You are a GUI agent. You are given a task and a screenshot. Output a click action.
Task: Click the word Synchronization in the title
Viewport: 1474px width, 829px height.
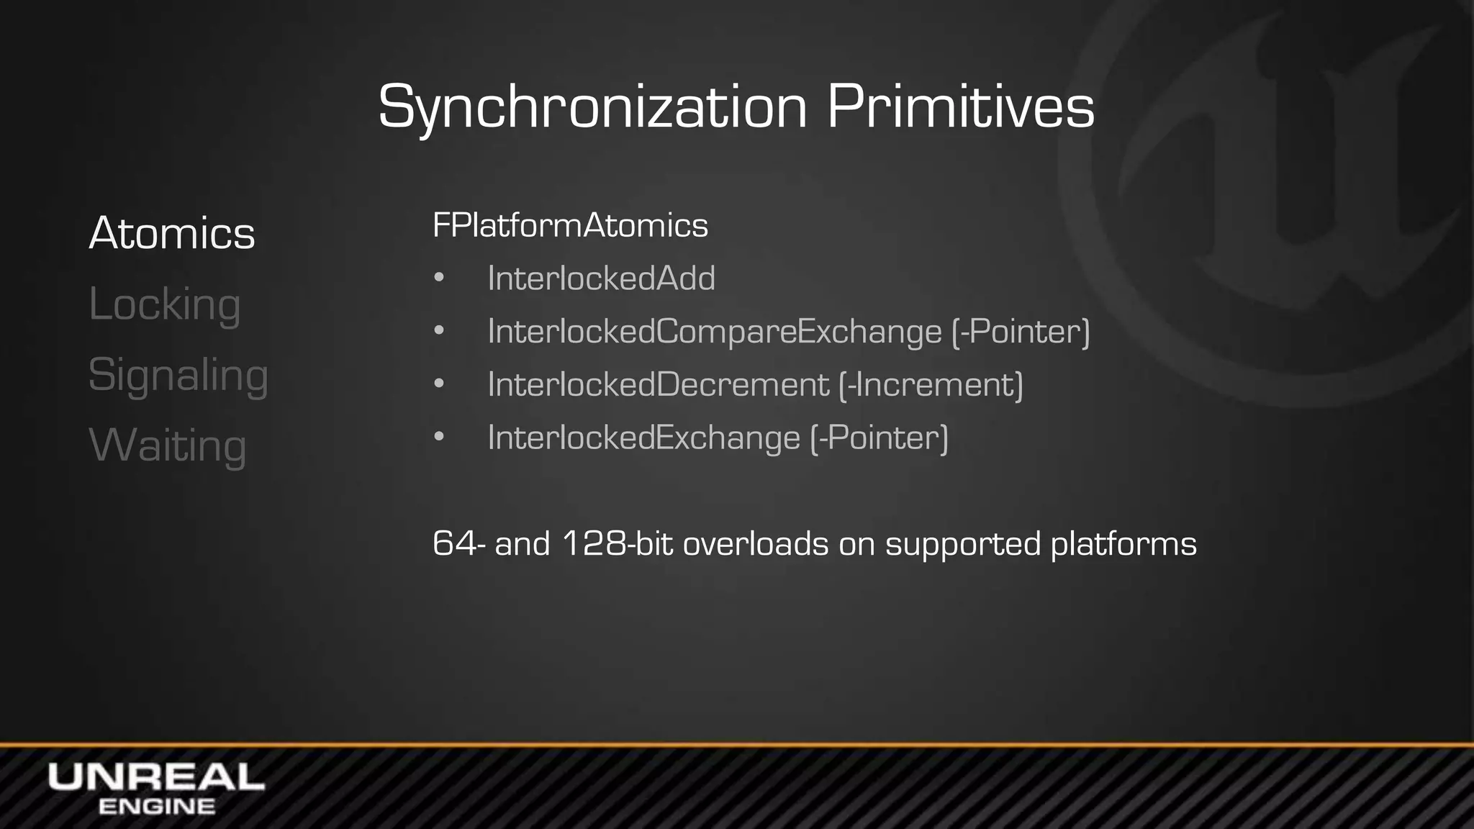click(592, 108)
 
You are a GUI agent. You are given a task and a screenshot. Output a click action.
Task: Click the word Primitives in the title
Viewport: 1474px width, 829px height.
click(960, 108)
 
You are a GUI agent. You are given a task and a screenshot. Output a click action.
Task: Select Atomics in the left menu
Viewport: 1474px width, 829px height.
click(172, 233)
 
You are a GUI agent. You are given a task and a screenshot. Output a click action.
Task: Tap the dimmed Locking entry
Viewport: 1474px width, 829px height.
click(164, 304)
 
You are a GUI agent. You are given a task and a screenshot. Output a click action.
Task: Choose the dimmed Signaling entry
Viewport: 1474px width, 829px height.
click(178, 375)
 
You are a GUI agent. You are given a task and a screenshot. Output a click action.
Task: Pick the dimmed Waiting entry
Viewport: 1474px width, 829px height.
click(167, 445)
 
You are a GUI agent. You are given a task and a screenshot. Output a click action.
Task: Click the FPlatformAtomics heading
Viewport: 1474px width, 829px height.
click(570, 225)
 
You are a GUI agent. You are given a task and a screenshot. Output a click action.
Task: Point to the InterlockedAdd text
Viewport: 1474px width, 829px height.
click(601, 278)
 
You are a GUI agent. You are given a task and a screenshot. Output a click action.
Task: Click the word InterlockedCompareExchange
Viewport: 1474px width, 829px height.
click(714, 332)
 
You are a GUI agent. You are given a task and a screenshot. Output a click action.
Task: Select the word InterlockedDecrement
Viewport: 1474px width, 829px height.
click(658, 384)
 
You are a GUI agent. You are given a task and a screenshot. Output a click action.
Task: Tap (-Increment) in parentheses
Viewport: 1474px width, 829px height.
click(931, 384)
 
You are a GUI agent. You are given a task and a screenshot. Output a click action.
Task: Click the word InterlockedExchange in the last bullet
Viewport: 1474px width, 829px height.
click(643, 438)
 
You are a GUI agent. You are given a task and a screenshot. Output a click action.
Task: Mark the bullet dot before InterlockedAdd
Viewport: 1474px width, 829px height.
click(439, 278)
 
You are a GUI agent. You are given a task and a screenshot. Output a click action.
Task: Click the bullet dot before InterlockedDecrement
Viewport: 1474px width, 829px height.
click(439, 384)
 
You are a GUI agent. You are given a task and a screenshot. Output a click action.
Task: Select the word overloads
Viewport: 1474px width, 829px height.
click(755, 543)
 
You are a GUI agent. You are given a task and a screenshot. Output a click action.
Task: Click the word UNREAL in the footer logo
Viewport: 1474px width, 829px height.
click(156, 777)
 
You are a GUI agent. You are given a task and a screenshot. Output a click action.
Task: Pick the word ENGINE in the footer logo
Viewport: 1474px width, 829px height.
click(156, 807)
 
